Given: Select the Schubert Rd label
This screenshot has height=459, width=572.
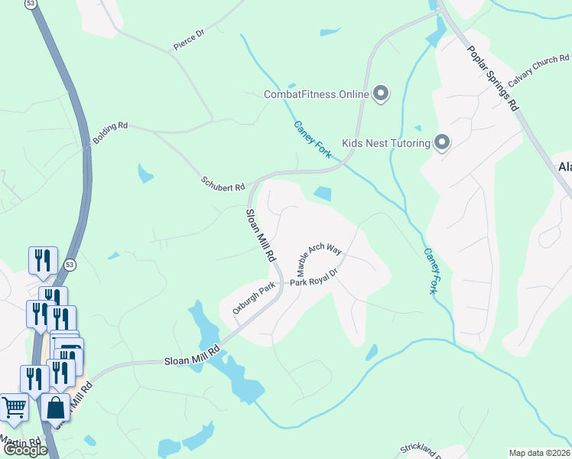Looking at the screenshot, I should (223, 184).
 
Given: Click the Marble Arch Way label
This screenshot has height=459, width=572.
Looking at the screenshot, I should (319, 260).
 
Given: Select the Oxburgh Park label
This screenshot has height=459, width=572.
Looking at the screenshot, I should (253, 299).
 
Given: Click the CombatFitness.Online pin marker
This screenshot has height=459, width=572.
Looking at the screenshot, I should (381, 94).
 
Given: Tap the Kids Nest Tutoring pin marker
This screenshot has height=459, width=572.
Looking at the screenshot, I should (441, 142).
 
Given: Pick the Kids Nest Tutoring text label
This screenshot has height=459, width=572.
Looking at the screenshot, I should (385, 143).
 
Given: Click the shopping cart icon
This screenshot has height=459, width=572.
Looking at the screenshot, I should (13, 408).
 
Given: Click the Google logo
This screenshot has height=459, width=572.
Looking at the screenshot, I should (25, 450).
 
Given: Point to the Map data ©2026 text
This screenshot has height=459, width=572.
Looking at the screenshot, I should (540, 453).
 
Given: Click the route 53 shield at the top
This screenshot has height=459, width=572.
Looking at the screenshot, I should (30, 4).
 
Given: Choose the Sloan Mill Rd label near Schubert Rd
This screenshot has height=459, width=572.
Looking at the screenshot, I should (260, 236).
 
